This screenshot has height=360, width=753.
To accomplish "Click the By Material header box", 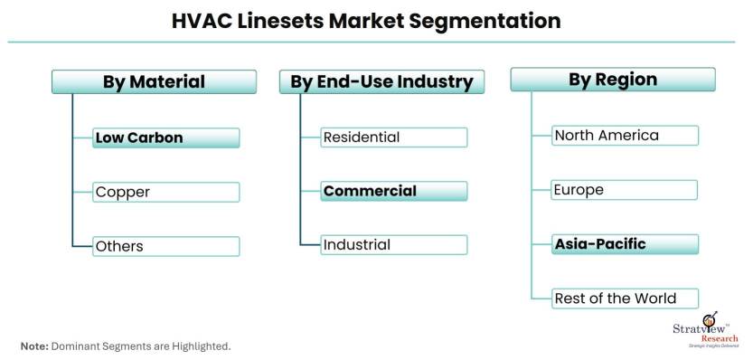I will [x=154, y=82].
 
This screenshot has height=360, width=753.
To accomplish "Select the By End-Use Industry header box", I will [x=381, y=82].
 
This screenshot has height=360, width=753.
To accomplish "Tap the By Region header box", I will [x=613, y=80].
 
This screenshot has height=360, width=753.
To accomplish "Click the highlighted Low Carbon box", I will [x=166, y=138].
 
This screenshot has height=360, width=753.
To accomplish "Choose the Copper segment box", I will [x=166, y=192].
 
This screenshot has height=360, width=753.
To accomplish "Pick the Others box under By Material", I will [x=166, y=246].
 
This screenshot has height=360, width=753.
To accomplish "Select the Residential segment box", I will [x=394, y=137].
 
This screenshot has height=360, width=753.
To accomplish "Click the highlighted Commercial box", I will [x=394, y=191].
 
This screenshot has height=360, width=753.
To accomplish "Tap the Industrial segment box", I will [x=394, y=244].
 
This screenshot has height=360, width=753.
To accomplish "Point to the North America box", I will [x=626, y=136].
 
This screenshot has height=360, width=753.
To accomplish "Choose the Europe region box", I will [x=626, y=190].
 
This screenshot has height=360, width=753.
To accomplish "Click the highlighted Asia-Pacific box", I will [x=626, y=244].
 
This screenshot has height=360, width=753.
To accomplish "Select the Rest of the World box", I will [x=626, y=298].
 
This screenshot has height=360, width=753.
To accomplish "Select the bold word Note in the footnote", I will [x=34, y=346].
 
